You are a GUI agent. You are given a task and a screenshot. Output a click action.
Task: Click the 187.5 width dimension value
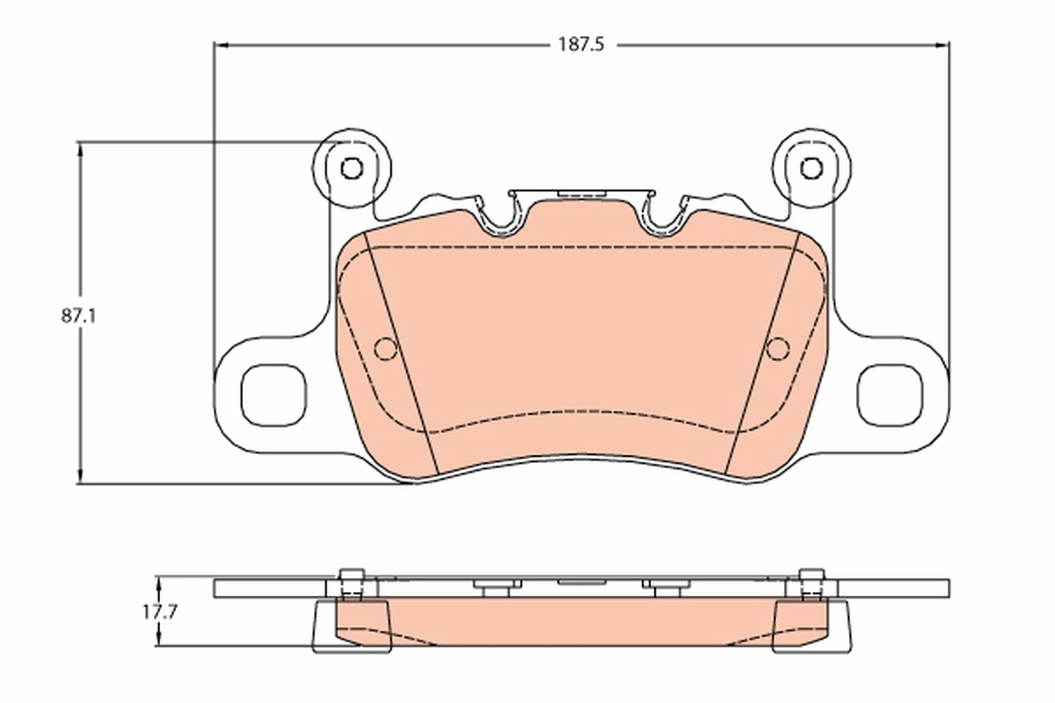coord(580,44)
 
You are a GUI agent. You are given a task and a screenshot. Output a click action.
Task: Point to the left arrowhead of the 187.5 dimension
coord(221,44)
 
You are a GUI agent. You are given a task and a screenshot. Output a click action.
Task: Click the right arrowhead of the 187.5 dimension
coord(942,44)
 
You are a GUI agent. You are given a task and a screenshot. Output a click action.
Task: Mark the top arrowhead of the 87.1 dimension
coord(82,148)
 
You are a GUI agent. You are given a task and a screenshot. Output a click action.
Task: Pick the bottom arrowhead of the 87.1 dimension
coord(82,476)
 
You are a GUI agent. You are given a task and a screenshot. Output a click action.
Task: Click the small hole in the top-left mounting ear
coord(352,168)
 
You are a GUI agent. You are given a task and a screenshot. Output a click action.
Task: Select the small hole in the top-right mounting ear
coord(811,168)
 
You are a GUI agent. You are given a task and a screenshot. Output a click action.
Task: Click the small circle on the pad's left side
coord(384,349)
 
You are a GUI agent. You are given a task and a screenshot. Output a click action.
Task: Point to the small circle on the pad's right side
coord(777,349)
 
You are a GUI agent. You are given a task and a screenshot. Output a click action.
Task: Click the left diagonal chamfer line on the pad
coord(404,360)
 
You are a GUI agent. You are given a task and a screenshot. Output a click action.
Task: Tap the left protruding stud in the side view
coord(352,582)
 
